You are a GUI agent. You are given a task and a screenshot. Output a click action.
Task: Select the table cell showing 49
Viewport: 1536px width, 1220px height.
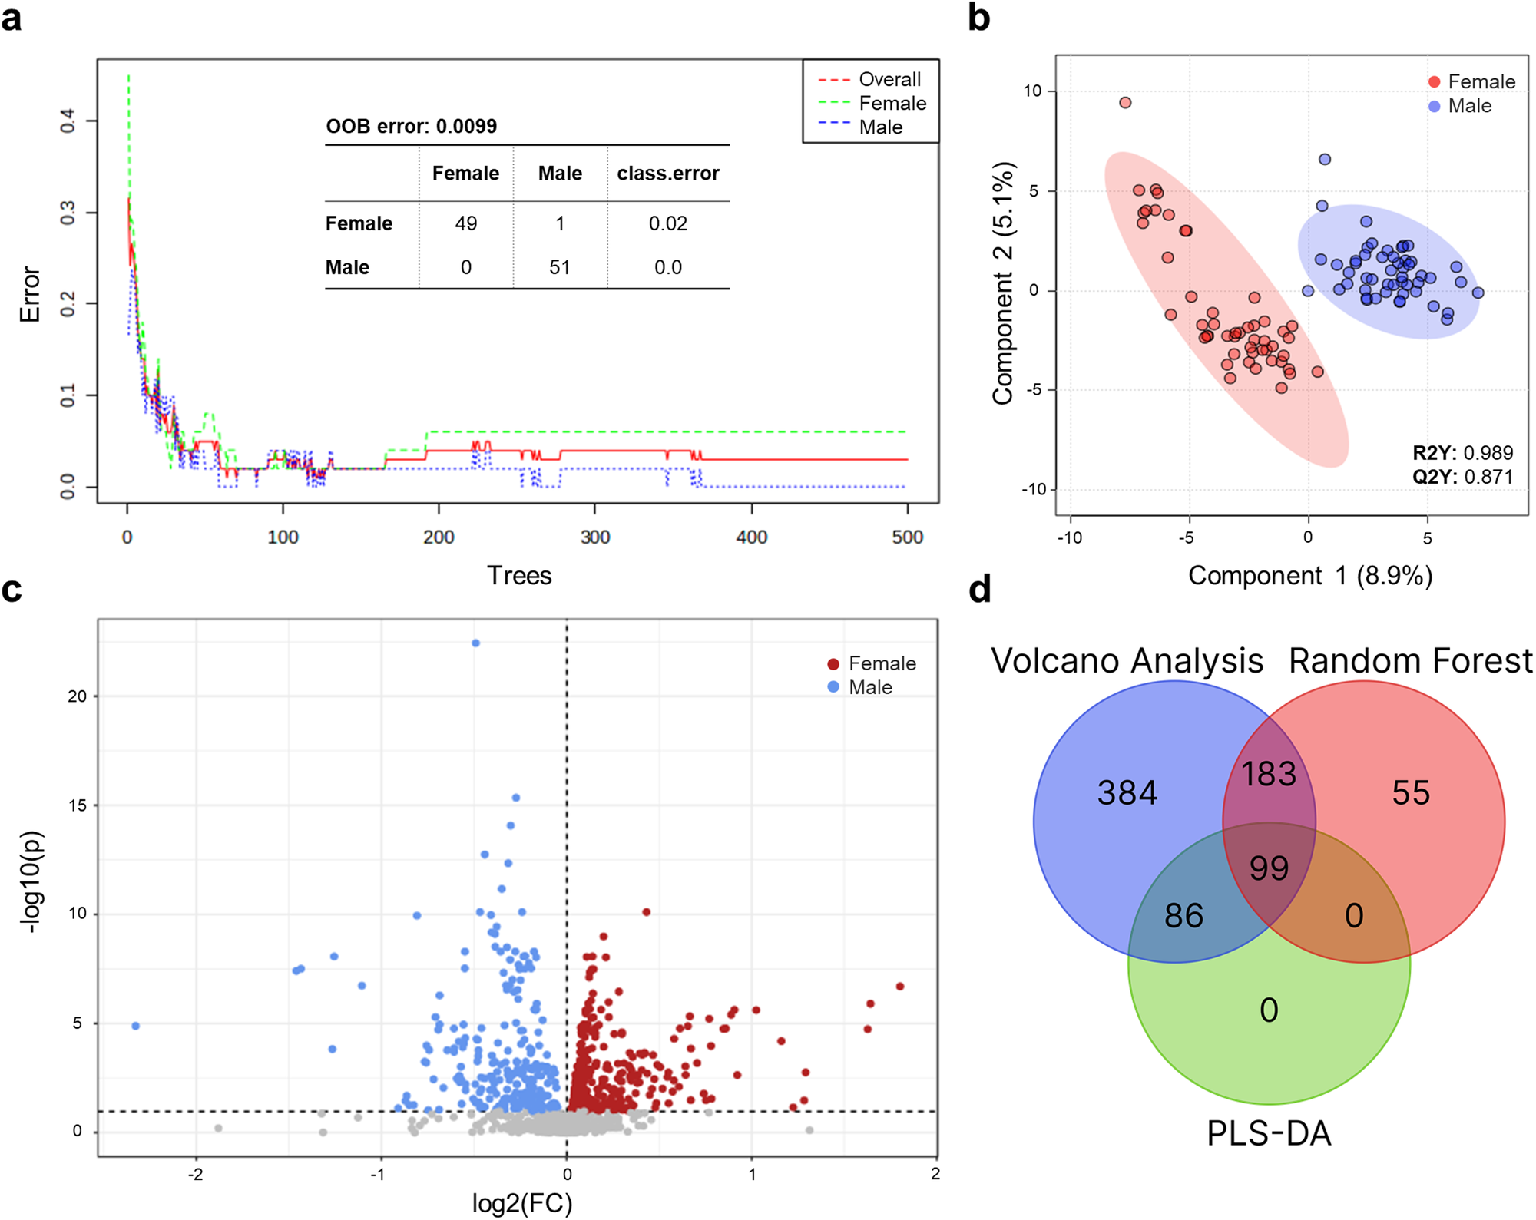click(465, 223)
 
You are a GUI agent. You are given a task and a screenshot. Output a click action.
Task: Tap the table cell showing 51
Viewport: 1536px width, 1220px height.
click(560, 267)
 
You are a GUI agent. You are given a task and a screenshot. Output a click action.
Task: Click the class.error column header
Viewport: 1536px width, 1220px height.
click(667, 174)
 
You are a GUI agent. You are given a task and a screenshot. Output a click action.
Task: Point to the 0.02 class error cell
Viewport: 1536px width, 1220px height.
click(667, 223)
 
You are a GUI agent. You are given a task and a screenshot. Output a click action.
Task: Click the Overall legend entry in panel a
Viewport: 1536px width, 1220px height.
click(889, 79)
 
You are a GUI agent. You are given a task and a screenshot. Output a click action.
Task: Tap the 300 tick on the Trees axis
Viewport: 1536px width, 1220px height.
click(594, 537)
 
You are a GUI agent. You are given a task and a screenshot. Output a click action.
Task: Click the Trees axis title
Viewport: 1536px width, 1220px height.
click(519, 575)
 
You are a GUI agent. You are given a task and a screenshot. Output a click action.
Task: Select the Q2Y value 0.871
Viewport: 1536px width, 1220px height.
click(1488, 477)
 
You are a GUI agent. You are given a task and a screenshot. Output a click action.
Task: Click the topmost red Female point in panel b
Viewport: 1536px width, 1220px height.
click(1125, 103)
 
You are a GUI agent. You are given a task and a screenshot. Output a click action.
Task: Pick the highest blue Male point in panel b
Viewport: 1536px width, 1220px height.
click(1325, 160)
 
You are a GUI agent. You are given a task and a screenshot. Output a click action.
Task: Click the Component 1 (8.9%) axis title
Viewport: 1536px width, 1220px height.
click(1309, 575)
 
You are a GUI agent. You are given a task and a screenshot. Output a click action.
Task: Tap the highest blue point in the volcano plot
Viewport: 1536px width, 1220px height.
click(476, 643)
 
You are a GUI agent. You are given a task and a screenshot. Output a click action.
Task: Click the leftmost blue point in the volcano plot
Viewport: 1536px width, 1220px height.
click(136, 1026)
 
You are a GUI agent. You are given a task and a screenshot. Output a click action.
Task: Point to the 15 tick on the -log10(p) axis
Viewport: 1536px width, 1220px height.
click(78, 805)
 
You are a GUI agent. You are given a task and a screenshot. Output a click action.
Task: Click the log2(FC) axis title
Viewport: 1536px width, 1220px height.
click(522, 1203)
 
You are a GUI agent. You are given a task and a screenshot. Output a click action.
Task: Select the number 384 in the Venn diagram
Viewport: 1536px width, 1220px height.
click(1127, 793)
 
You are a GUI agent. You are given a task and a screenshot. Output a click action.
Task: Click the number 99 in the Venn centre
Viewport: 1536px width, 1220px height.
click(1269, 868)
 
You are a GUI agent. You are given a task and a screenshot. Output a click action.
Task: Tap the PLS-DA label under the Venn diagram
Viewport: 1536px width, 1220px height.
click(1269, 1133)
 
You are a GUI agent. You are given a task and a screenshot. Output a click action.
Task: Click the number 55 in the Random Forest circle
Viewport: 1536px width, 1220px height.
click(1411, 793)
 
